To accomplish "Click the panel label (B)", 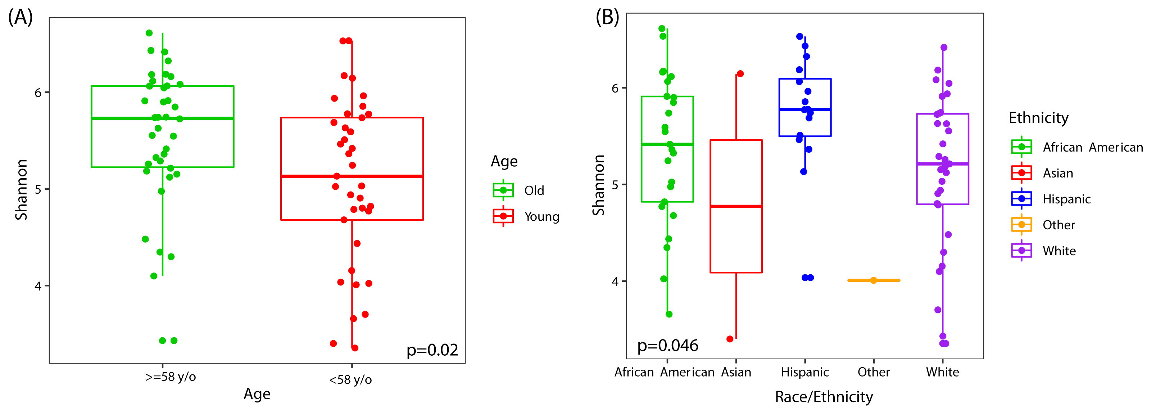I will [607, 17].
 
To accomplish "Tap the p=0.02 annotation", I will [432, 350].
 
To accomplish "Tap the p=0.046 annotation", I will [667, 346].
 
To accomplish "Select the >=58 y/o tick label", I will [171, 377].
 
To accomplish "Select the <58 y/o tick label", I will [350, 379].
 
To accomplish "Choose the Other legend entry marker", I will [1021, 225].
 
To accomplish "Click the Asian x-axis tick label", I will [736, 372].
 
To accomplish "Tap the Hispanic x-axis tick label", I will [804, 372].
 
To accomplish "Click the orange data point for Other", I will [874, 280].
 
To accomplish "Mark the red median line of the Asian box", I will [736, 206].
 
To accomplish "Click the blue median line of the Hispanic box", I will [804, 109].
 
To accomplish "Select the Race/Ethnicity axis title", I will [824, 397].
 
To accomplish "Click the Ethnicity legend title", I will [1038, 118].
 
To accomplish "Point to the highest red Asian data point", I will [740, 74].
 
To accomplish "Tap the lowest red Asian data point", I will [730, 339].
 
